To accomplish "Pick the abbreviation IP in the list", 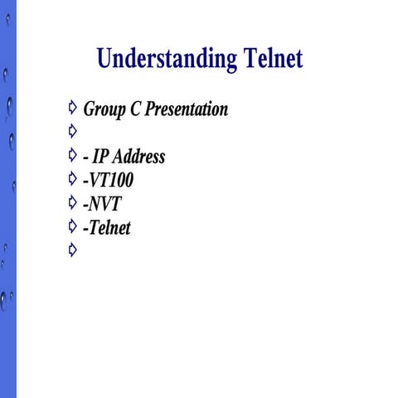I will (x=101, y=157).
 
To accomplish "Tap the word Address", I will (x=139, y=157).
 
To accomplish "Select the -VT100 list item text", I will (x=109, y=180).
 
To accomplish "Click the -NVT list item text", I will (x=102, y=204).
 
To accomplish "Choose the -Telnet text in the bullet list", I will (x=107, y=227).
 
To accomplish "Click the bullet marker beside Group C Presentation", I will (x=73, y=107).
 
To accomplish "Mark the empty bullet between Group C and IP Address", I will (x=73, y=130).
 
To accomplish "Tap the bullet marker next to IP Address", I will (x=73, y=154).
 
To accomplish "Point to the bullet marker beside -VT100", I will (x=73, y=177).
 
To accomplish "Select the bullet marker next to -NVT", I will (x=73, y=201).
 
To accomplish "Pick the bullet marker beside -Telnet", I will (x=73, y=225).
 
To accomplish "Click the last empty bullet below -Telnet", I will (x=73, y=249).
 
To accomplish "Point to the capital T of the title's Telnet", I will (x=251, y=60).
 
